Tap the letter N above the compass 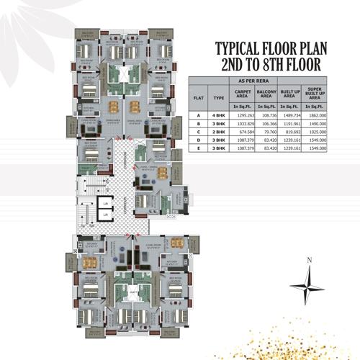[307, 261]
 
